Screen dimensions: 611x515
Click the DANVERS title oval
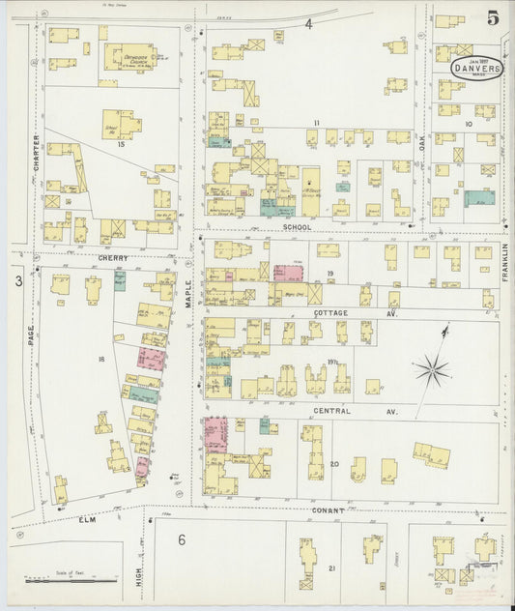477,69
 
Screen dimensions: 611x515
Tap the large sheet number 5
493,17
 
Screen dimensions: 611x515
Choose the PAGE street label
31,336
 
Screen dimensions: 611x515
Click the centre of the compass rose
432,368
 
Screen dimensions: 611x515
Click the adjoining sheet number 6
181,539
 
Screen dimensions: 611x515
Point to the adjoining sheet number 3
16,281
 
